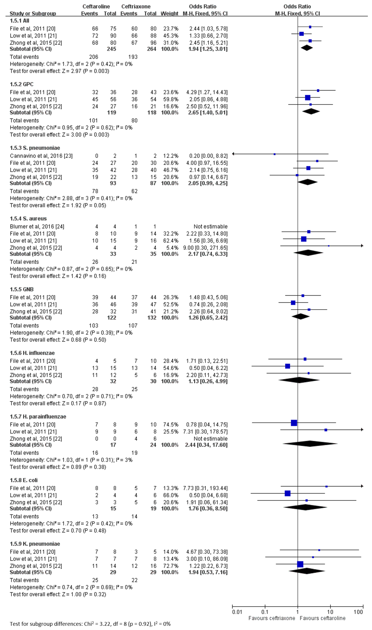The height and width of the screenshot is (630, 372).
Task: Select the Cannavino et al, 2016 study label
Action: [41, 156]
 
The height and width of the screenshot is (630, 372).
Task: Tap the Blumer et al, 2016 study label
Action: [37, 227]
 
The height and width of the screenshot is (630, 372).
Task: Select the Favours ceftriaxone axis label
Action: [272, 618]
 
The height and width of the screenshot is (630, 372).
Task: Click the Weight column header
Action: [169, 14]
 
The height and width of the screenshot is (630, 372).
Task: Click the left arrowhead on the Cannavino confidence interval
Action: [233, 154]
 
